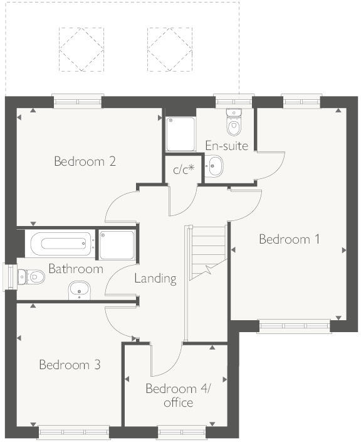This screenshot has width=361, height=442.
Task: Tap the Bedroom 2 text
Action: [85, 161]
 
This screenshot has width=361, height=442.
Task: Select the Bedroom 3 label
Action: [70, 365]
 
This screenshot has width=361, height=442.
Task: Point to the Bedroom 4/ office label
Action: [178, 396]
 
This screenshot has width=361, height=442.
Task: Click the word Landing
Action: [155, 278]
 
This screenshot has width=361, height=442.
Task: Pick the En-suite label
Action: [226, 146]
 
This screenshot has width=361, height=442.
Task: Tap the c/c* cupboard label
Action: [184, 170]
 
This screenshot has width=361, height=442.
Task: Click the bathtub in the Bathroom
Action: [61, 243]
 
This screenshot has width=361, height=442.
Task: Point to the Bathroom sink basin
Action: [79, 289]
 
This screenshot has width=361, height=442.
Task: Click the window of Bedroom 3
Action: [73, 432]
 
